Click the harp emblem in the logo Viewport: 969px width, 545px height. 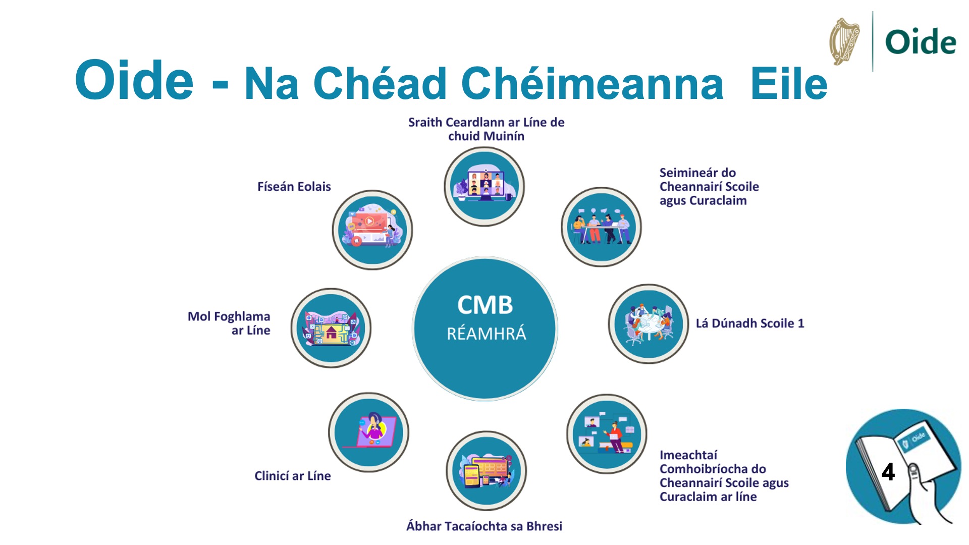(845, 42)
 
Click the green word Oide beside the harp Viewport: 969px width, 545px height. (921, 42)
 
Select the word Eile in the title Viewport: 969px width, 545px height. (788, 84)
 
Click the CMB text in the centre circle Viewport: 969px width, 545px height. (485, 305)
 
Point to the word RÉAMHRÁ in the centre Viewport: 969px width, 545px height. (486, 334)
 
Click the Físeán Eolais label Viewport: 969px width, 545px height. (294, 187)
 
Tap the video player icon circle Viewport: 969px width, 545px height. (372, 230)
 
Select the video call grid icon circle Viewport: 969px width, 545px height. (484, 186)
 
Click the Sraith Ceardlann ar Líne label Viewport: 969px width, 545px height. (486, 129)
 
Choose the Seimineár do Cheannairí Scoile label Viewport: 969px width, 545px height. (709, 187)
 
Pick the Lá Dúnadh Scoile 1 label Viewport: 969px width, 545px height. (749, 323)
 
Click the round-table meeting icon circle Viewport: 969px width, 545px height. (649, 324)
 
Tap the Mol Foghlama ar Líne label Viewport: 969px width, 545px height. (230, 323)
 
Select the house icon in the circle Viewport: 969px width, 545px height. (331, 332)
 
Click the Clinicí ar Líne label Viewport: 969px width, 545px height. (292, 476)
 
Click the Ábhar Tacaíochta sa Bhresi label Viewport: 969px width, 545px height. (484, 526)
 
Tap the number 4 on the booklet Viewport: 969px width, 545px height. (888, 472)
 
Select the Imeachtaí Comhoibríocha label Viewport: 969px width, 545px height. (723, 476)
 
